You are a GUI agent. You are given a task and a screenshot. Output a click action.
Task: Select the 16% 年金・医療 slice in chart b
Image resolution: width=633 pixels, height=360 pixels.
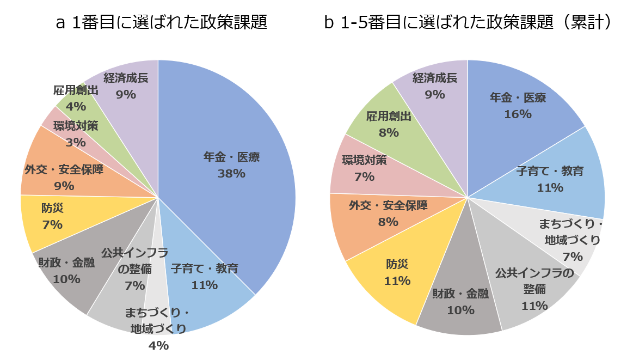pyautogui.click(x=517, y=109)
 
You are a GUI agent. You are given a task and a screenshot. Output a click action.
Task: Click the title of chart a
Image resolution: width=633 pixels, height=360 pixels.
pyautogui.click(x=162, y=22)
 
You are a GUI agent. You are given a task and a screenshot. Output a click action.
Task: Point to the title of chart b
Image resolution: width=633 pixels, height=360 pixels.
pyautogui.click(x=469, y=22)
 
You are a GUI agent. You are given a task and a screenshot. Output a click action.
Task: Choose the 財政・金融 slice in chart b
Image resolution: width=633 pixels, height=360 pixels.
pyautogui.click(x=460, y=302)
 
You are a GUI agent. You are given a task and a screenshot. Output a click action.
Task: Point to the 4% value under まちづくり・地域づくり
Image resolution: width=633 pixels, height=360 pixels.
pyautogui.click(x=158, y=345)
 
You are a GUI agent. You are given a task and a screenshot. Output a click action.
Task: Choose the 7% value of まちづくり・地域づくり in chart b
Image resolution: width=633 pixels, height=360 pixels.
pyautogui.click(x=573, y=257)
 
